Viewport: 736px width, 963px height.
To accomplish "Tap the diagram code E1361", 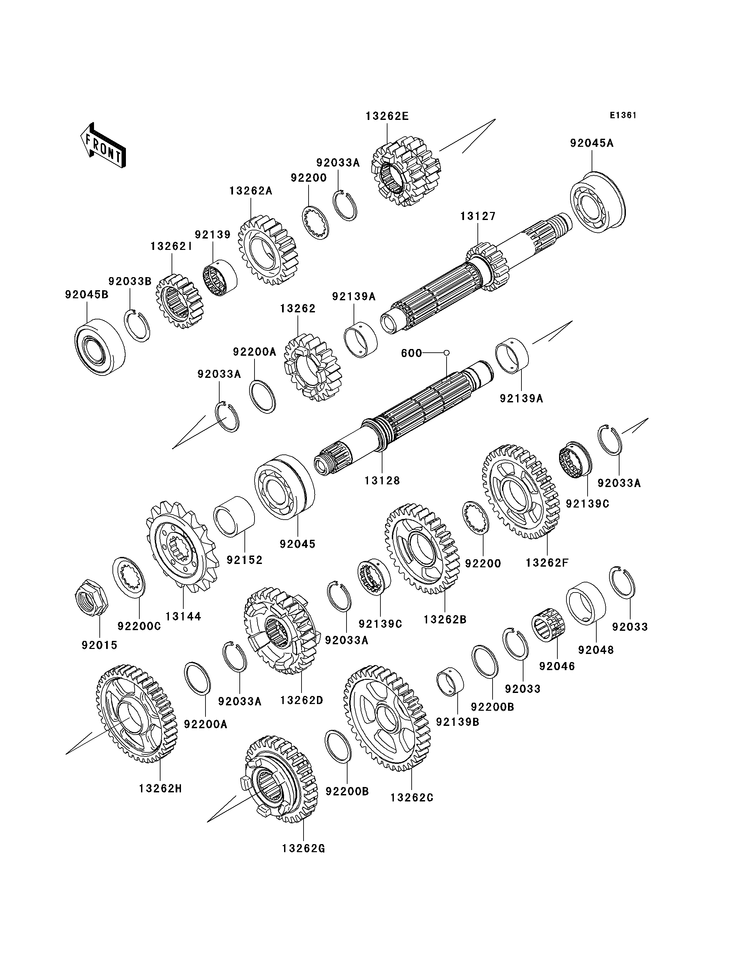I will (x=623, y=115).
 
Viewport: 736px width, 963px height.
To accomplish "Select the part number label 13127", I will (x=477, y=216).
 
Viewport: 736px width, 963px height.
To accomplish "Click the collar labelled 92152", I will (x=233, y=516).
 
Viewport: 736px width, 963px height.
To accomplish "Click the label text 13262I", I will (x=171, y=246).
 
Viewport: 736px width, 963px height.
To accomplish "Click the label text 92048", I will (x=596, y=650).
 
